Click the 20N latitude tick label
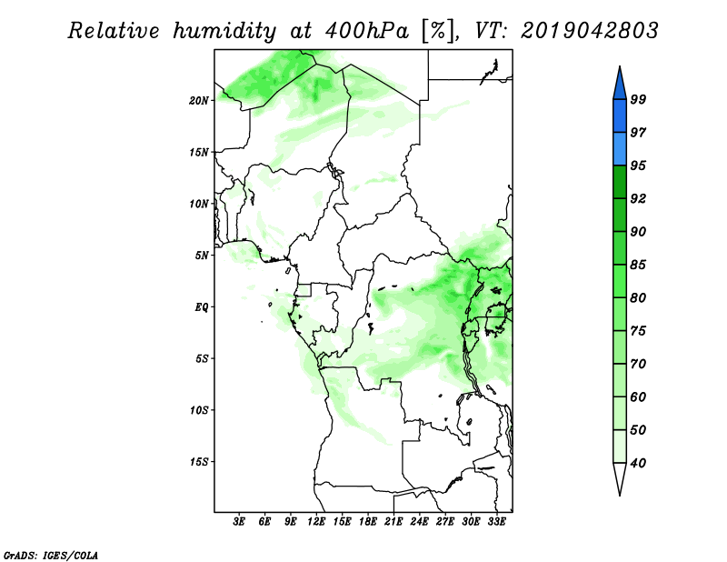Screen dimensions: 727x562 click(x=199, y=101)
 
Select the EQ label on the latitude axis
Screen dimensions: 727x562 click(x=202, y=307)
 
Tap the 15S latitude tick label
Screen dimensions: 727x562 click(x=199, y=462)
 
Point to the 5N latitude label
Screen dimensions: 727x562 click(x=202, y=256)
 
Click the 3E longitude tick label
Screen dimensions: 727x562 click(x=239, y=522)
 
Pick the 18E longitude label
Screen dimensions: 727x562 click(x=368, y=522)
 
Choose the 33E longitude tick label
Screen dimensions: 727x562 click(x=496, y=522)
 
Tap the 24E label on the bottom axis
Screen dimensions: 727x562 click(x=419, y=522)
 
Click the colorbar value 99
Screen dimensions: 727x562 click(x=638, y=99)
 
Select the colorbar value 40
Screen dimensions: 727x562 click(x=638, y=463)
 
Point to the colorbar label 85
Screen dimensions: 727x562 click(x=638, y=265)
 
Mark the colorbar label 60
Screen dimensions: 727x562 click(x=638, y=396)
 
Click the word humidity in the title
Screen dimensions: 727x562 click(x=224, y=31)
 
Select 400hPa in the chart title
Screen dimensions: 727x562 click(x=367, y=31)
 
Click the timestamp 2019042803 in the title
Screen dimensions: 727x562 click(x=589, y=31)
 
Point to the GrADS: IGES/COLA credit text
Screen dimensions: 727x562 click(x=51, y=555)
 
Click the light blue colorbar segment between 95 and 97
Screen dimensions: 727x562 click(x=620, y=149)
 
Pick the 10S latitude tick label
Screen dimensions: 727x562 click(x=199, y=410)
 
